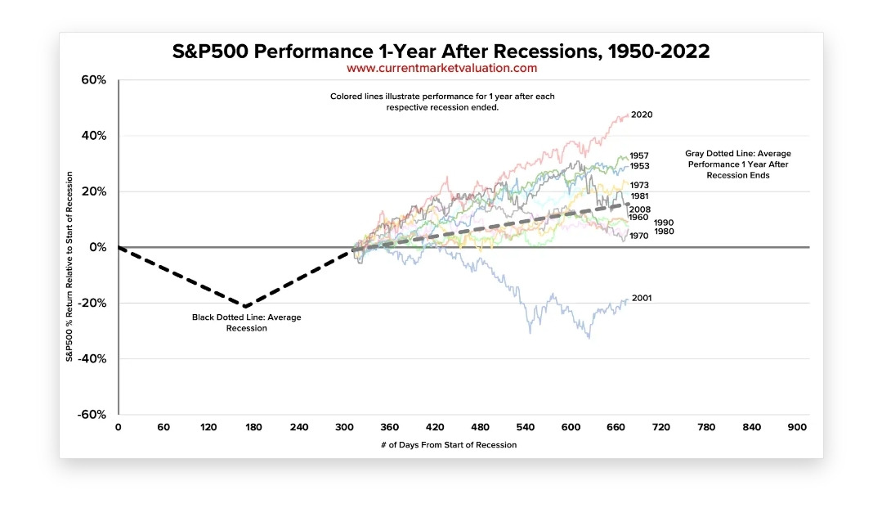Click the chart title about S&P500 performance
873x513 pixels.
click(441, 52)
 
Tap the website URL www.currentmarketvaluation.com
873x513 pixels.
click(441, 69)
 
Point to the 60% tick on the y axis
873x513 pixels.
click(94, 80)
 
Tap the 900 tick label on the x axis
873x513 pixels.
click(796, 427)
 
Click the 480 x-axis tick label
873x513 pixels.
click(481, 427)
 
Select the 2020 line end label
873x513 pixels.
click(642, 115)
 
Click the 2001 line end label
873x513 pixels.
click(642, 299)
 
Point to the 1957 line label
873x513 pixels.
click(639, 155)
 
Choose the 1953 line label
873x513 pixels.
click(639, 166)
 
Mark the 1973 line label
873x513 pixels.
click(639, 185)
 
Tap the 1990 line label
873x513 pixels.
click(664, 223)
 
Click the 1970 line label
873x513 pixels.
click(639, 236)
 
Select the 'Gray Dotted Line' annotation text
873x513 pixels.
click(737, 164)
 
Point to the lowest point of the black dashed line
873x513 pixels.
click(244, 306)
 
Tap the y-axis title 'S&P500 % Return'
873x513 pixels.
click(71, 266)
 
